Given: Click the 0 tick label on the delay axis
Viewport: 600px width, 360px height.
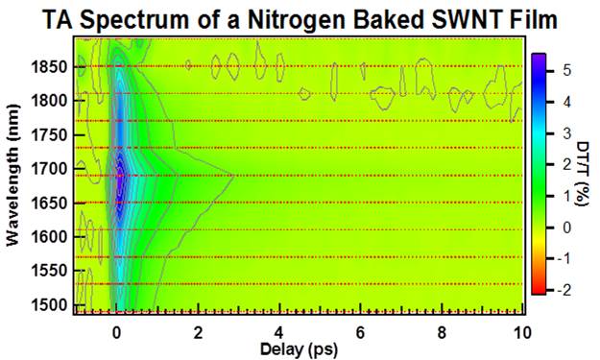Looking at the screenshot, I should [x=116, y=332].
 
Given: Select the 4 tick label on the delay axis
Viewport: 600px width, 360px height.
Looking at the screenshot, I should [x=278, y=332].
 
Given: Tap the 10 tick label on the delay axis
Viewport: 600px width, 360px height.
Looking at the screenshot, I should [x=521, y=332].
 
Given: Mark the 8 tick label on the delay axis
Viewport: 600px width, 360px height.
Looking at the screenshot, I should [x=442, y=332].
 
